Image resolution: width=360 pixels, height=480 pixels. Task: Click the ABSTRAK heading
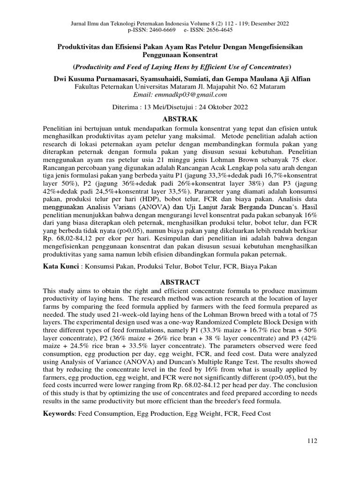pyautogui.click(x=180, y=119)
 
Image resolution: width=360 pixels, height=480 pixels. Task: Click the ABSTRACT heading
pyautogui.click(x=180, y=282)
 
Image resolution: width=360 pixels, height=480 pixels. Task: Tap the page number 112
pyautogui.click(x=312, y=441)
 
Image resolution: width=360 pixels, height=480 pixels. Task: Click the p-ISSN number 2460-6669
pyautogui.click(x=160, y=30)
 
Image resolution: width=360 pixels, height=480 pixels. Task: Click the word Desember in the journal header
pyautogui.click(x=263, y=23)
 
